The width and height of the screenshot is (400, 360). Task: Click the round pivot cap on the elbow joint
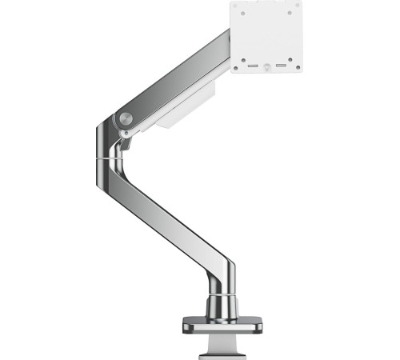[125, 119]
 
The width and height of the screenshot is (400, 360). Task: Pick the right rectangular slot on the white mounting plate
[282, 65]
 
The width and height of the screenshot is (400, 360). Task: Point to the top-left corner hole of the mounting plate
[238, 8]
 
